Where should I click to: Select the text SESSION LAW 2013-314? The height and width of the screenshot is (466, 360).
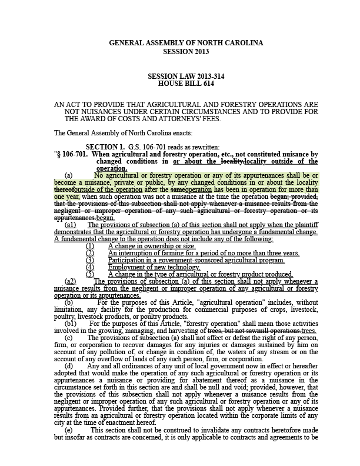click(x=186, y=76)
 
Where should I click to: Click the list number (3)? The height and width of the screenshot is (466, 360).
click(x=90, y=259)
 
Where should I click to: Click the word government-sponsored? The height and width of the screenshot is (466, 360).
click(x=189, y=259)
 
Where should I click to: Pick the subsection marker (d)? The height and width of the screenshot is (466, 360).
click(x=69, y=365)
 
